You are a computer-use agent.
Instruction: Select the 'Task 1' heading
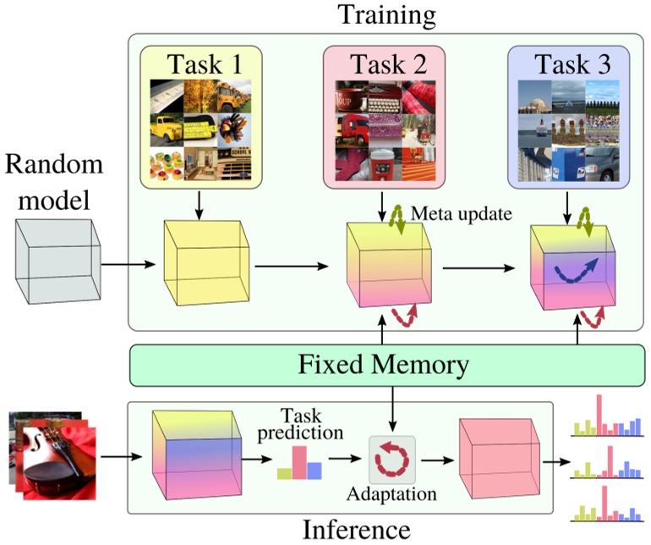200,63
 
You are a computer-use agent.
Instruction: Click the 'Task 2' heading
385,63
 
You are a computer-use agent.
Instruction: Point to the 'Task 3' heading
568,63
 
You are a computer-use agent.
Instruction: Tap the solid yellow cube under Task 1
206,259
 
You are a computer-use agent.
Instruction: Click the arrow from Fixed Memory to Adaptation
392,409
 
